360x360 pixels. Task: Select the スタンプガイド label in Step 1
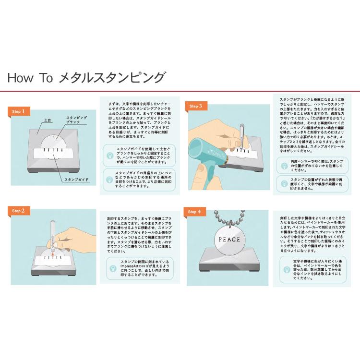tap(76, 179)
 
